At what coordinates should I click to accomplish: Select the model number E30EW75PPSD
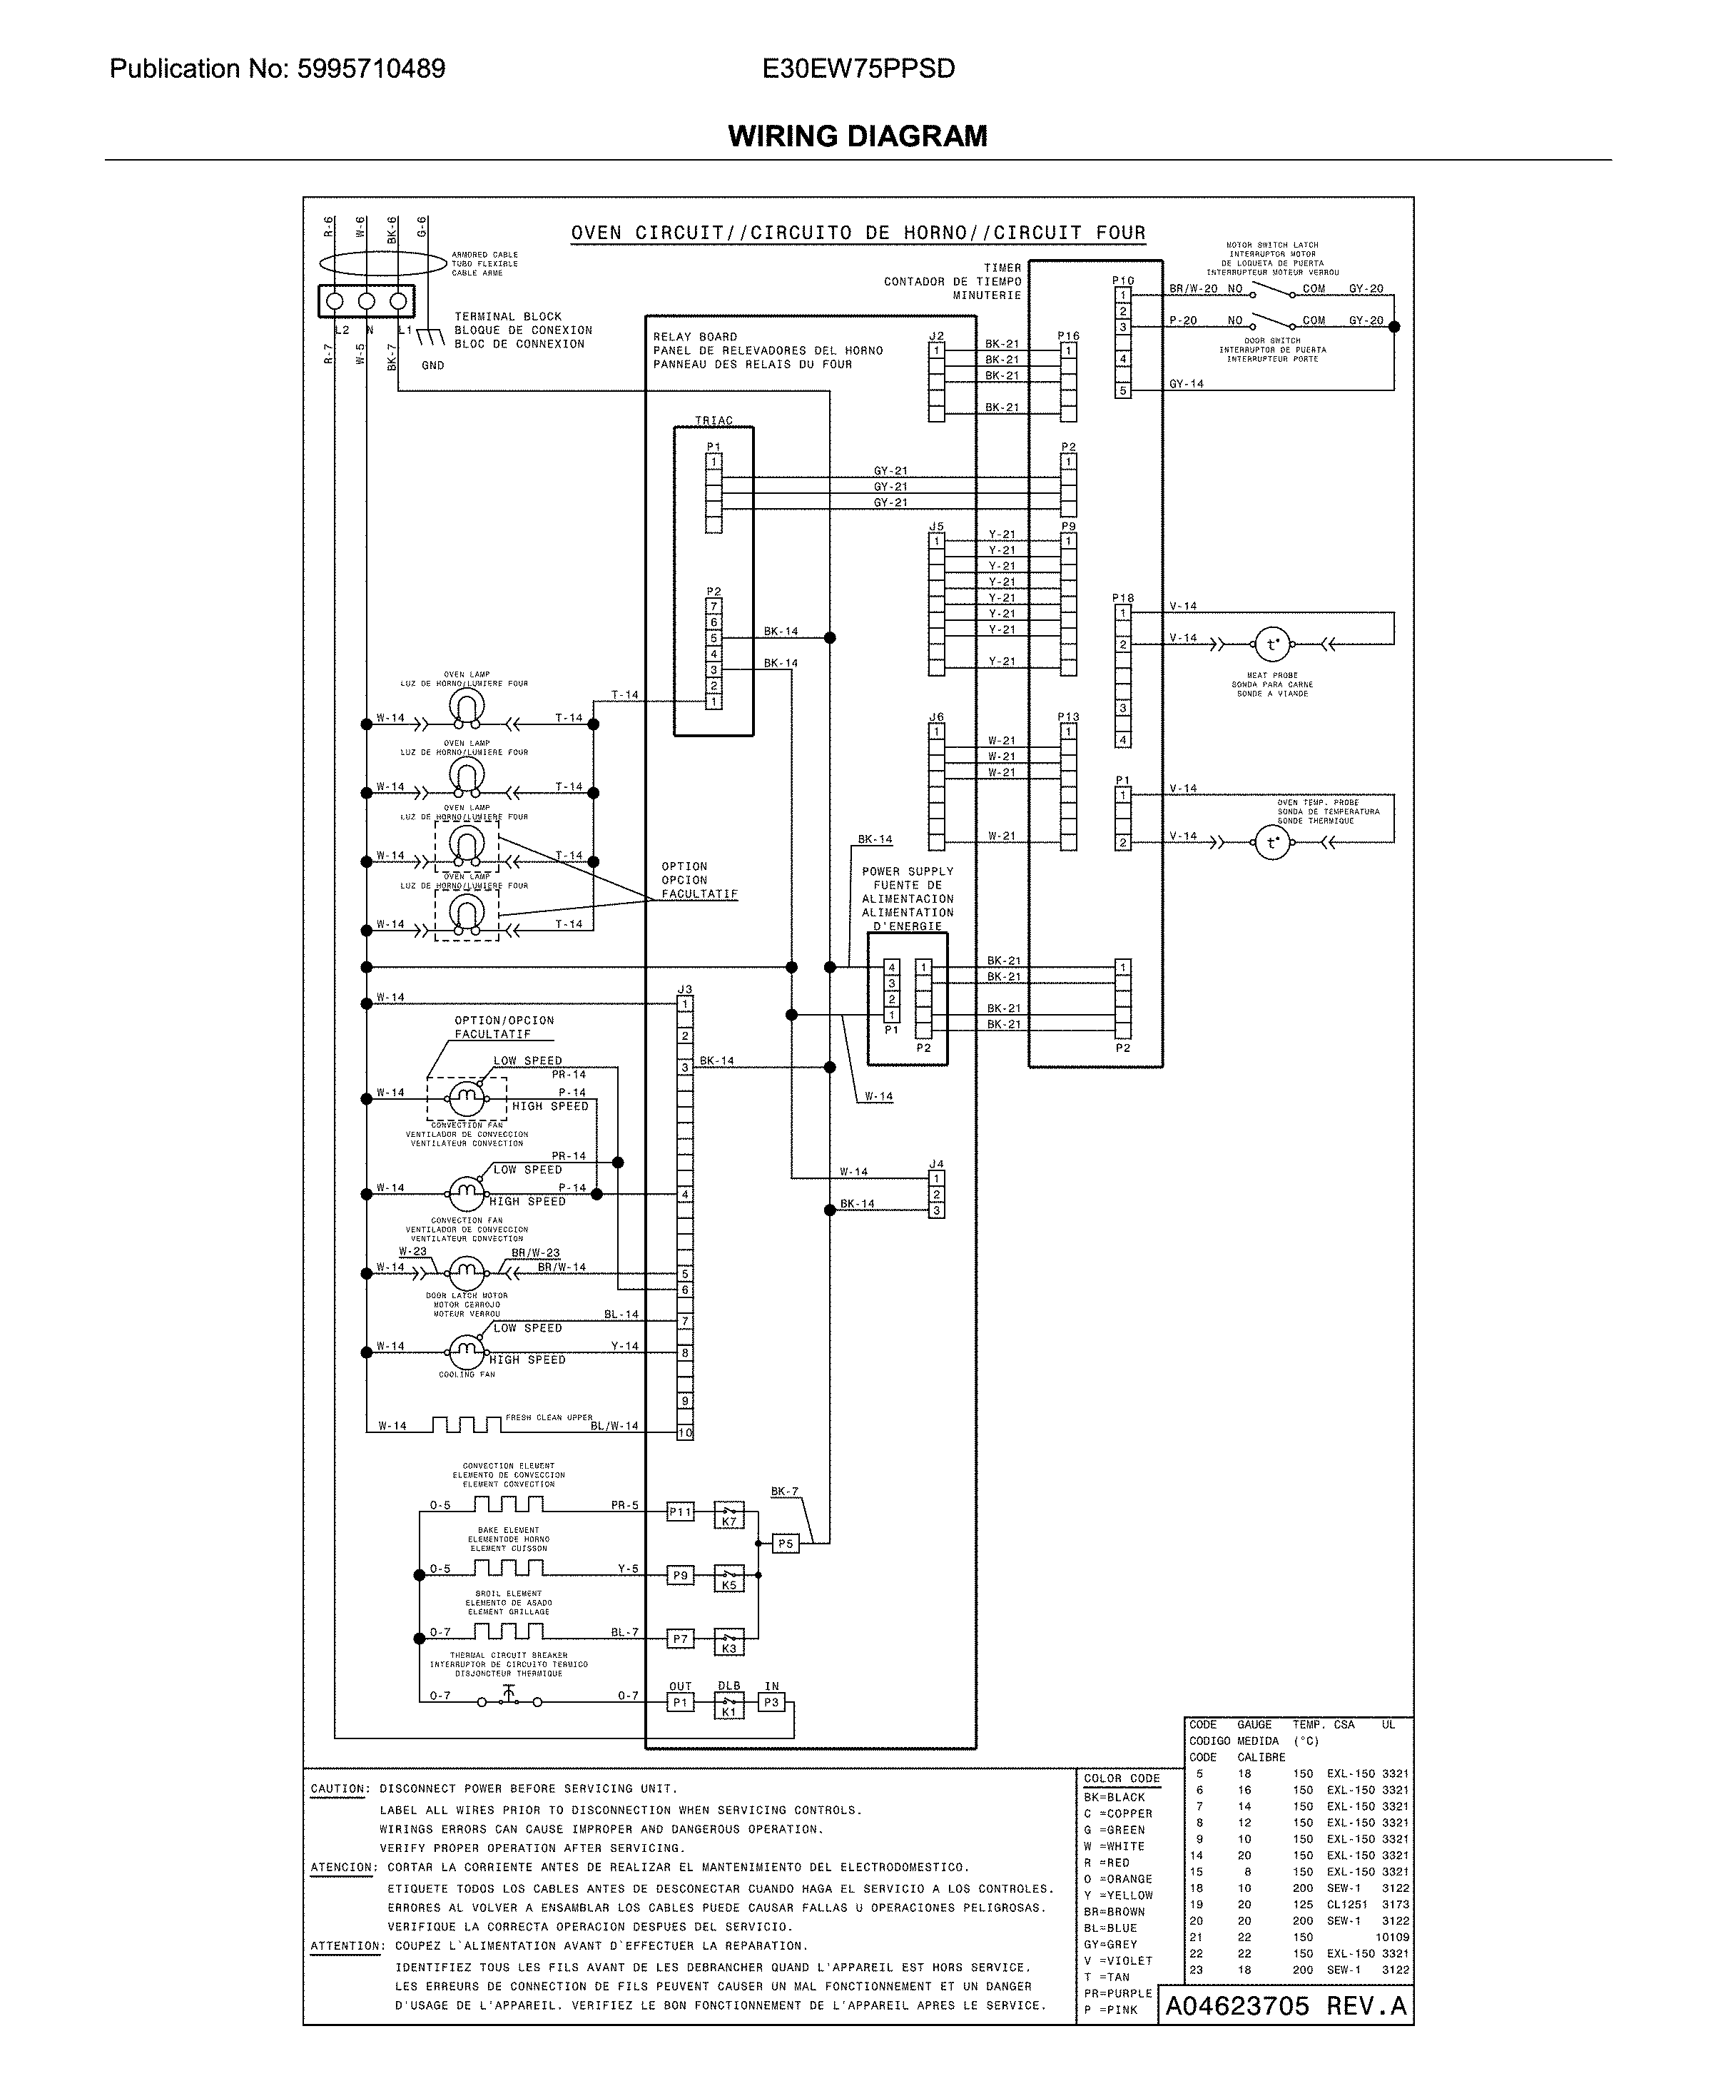tap(858, 69)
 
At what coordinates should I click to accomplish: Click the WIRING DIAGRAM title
tap(858, 136)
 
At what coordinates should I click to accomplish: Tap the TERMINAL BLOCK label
tap(507, 316)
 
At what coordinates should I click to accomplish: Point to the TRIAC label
tap(714, 421)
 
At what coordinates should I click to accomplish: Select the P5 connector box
tap(785, 1544)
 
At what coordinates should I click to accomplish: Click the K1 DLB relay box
tap(728, 1706)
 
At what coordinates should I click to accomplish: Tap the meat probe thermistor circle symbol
tap(1271, 646)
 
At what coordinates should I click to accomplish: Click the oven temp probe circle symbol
tap(1271, 843)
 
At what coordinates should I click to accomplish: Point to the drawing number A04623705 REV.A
tap(1285, 2006)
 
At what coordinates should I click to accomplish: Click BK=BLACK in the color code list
tap(1114, 1797)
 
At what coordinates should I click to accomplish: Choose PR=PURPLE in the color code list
tap(1117, 1993)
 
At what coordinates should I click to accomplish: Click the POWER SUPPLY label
tap(907, 871)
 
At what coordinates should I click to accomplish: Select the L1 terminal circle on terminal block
tap(398, 300)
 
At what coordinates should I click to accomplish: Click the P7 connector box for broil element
tap(680, 1639)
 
